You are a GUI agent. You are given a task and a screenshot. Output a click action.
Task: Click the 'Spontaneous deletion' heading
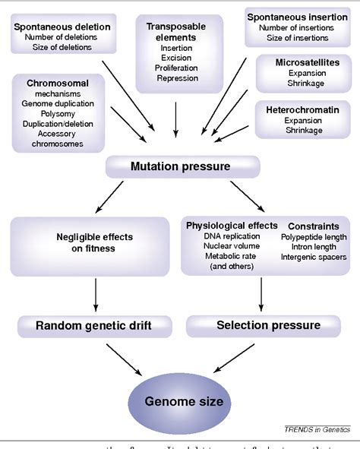click(62, 26)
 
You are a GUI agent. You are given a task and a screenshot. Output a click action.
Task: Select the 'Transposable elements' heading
click(176, 31)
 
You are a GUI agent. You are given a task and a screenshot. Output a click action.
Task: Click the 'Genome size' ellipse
click(179, 400)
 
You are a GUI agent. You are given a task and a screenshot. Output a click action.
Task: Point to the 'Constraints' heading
click(314, 226)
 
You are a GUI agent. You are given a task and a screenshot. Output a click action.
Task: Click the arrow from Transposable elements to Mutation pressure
click(176, 118)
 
